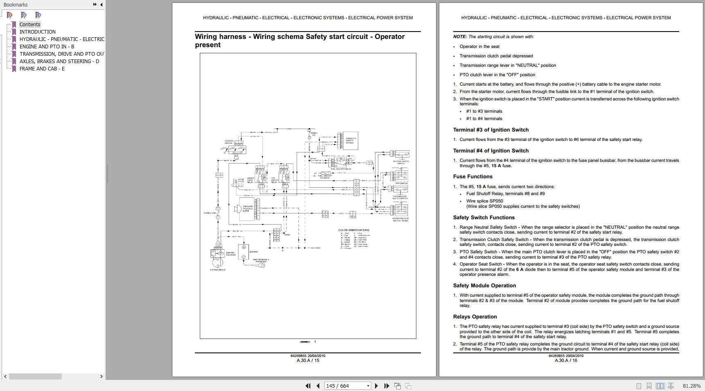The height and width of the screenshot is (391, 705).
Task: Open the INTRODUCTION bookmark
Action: (x=37, y=32)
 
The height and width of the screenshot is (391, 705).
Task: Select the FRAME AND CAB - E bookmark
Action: (x=42, y=68)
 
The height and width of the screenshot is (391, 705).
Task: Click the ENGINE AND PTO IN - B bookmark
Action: (x=47, y=46)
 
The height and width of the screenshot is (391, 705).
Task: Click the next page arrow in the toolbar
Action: (x=376, y=386)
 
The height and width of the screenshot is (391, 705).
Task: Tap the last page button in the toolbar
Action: (x=386, y=386)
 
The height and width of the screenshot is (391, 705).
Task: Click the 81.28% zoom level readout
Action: (x=691, y=386)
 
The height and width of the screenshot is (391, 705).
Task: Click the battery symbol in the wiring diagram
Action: (x=244, y=252)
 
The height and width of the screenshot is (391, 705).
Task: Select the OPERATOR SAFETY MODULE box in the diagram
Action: (x=350, y=140)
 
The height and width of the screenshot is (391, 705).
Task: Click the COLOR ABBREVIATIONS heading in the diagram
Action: (x=354, y=230)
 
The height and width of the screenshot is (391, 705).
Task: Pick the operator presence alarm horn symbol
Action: (x=237, y=209)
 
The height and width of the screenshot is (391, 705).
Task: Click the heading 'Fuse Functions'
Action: (x=472, y=177)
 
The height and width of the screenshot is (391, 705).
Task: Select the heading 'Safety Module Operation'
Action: (x=484, y=286)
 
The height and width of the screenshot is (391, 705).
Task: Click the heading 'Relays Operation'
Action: (x=475, y=317)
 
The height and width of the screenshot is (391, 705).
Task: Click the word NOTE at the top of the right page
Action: (x=459, y=36)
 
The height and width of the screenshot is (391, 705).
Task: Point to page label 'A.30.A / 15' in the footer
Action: (x=308, y=361)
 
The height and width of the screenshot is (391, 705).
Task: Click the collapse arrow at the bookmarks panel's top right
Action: (x=101, y=5)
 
